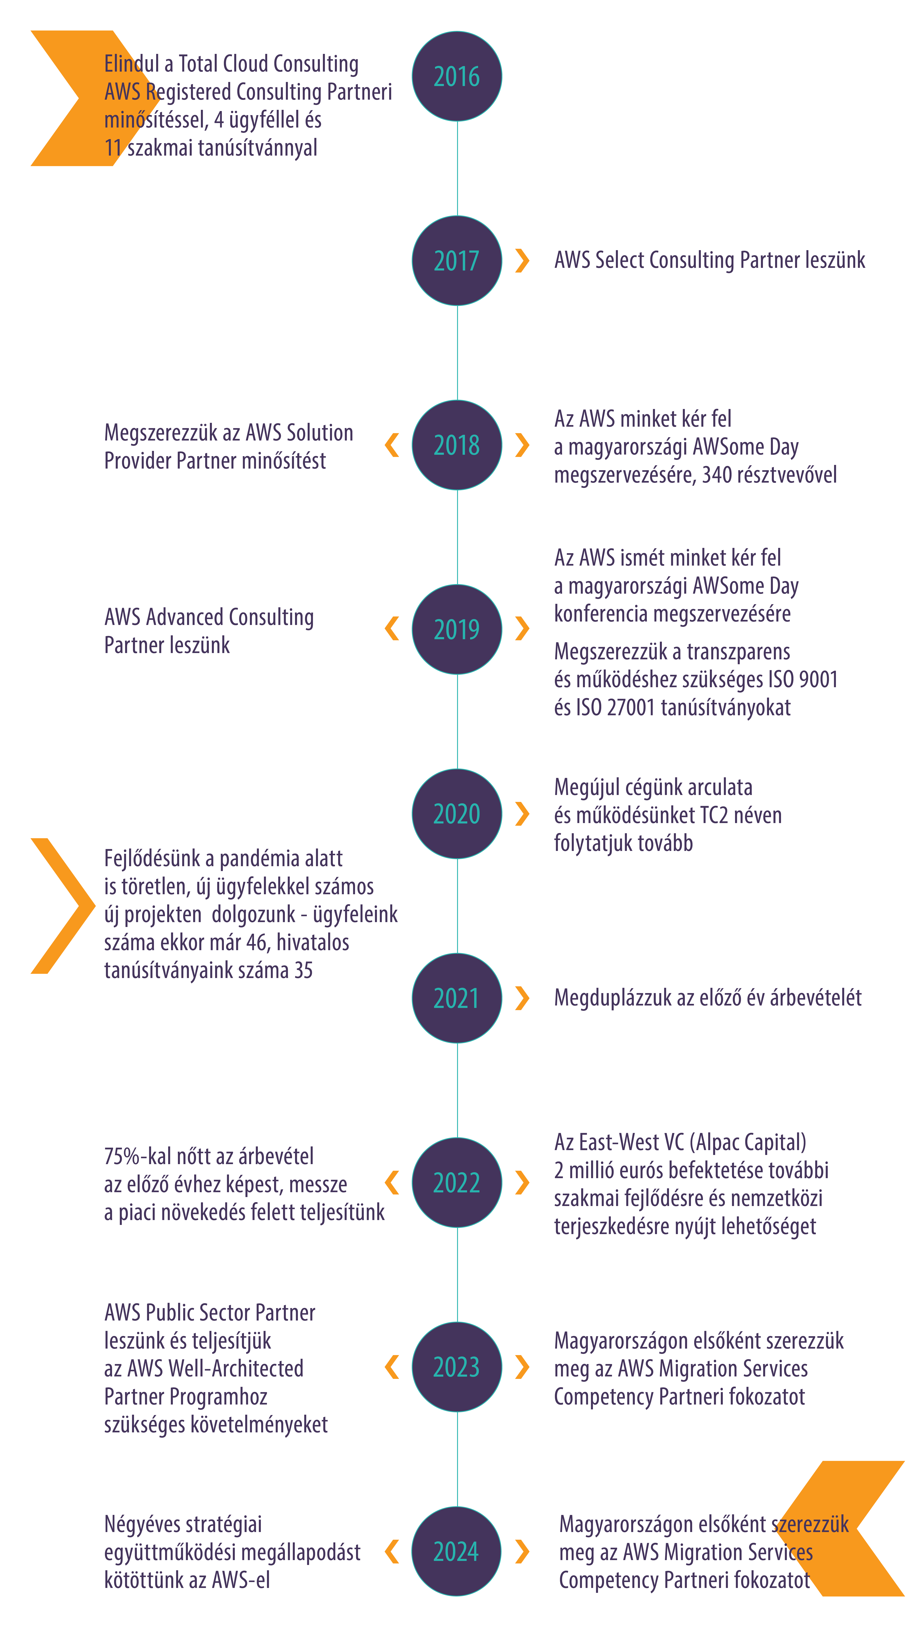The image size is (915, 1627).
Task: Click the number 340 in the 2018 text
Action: pyautogui.click(x=718, y=474)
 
